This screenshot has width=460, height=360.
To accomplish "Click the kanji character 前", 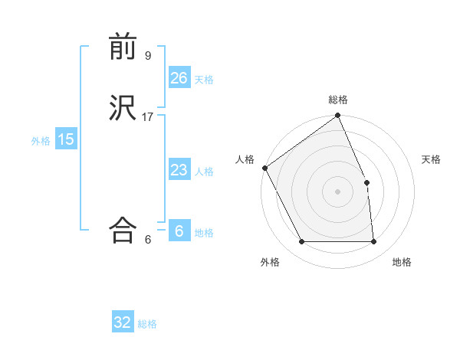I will tap(123, 47).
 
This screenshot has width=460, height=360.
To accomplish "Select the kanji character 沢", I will tap(123, 109).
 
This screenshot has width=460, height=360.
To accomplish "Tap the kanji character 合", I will tap(123, 230).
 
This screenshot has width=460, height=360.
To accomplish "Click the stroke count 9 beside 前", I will tap(147, 56).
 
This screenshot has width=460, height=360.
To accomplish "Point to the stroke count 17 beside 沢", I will tap(148, 117).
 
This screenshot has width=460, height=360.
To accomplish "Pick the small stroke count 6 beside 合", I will tap(148, 239).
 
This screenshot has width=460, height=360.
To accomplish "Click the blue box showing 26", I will tap(179, 77).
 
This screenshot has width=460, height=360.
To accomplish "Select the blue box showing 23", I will tap(179, 170).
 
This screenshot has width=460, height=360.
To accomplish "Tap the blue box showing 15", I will tap(66, 139).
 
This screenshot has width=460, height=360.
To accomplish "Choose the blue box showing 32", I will tap(123, 322).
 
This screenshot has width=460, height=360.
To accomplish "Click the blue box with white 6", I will tap(179, 231).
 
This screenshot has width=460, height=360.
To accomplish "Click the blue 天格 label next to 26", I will tap(204, 80).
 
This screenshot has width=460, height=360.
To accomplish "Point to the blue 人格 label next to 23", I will tap(204, 172).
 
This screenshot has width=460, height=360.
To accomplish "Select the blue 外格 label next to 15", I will tap(40, 141).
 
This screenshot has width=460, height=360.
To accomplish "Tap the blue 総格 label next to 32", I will tap(147, 324).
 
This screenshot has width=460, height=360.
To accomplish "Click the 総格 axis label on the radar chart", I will tap(338, 100).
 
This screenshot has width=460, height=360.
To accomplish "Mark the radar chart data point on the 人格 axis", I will tap(264, 168).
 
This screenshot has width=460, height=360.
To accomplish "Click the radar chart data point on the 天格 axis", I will tap(366, 182).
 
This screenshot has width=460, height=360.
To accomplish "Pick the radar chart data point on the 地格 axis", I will tap(374, 242).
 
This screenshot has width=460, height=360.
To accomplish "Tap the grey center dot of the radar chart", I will tap(338, 191).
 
